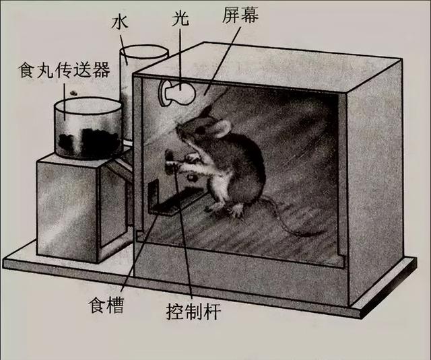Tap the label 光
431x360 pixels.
coord(180,20)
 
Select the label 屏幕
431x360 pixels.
coord(240,15)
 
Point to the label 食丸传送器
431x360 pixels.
coord(64,70)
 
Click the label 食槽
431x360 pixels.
coord(106,305)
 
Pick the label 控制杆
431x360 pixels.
coord(193,312)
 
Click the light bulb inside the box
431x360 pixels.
coord(176,93)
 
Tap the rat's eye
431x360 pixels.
coord(201,130)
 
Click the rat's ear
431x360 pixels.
coord(220,128)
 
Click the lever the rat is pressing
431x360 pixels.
coord(169,162)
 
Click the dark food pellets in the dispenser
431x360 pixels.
coord(88,141)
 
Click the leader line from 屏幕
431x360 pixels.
coord(223,60)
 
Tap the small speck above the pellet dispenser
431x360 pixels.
coord(73,93)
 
